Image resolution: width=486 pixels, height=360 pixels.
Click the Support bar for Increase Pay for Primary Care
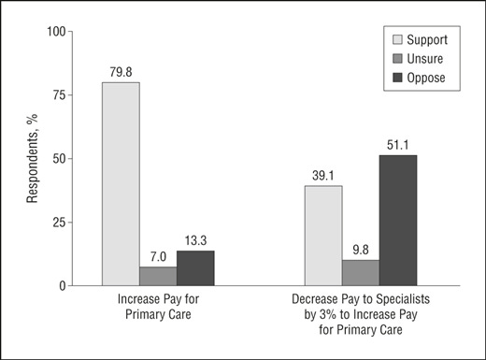121,183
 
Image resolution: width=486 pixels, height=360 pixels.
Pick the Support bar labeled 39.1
323,235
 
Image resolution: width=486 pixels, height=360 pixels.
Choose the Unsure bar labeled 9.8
361,272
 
